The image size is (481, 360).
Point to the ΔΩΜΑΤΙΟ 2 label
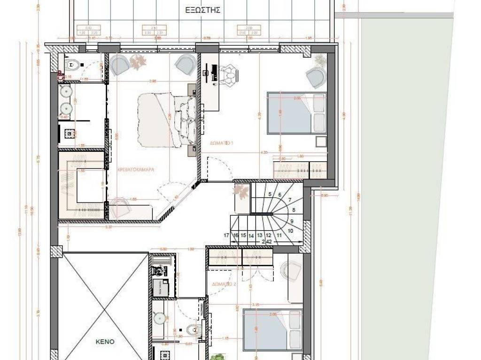(x=224, y=285)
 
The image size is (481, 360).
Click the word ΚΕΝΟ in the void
(x=105, y=342)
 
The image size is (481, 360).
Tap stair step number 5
(x=270, y=194)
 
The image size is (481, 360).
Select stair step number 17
(x=226, y=235)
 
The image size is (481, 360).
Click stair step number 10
(x=290, y=231)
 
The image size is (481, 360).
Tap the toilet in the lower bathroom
(x=192, y=330)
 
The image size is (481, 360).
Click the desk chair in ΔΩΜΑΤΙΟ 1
(x=230, y=75)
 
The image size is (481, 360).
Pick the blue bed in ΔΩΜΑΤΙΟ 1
(x=296, y=113)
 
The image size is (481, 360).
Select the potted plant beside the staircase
(x=241, y=191)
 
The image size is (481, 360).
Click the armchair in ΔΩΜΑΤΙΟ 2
(x=290, y=271)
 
